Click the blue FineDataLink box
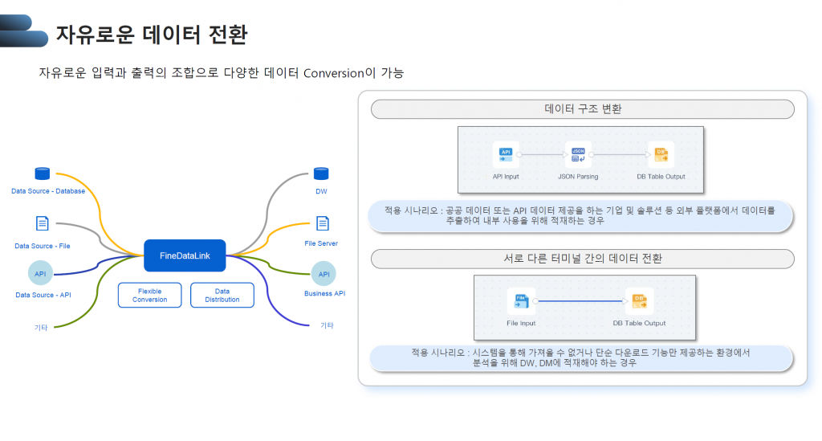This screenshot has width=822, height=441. point(185,255)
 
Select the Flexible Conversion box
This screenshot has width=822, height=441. point(150,295)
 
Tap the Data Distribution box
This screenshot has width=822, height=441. point(222,295)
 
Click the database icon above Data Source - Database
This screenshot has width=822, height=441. point(43,174)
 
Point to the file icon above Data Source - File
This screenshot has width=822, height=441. point(43,223)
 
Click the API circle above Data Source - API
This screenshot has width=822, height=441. point(40,274)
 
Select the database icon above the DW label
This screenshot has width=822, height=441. point(321,174)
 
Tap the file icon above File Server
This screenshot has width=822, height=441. point(323,223)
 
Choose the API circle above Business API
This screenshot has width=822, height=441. point(324,274)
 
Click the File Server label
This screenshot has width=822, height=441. point(321,243)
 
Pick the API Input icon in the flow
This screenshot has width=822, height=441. point(506,154)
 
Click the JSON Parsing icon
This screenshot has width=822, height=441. point(577,154)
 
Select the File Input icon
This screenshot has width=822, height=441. point(521,301)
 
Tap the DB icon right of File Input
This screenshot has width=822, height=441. point(639,301)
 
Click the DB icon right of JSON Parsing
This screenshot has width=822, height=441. point(661,154)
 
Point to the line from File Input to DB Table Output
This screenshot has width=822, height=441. point(580,301)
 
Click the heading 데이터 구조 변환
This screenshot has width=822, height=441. point(583,109)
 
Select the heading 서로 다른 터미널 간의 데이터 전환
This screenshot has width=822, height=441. point(583,259)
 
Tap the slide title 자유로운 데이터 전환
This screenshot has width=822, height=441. point(151,35)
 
